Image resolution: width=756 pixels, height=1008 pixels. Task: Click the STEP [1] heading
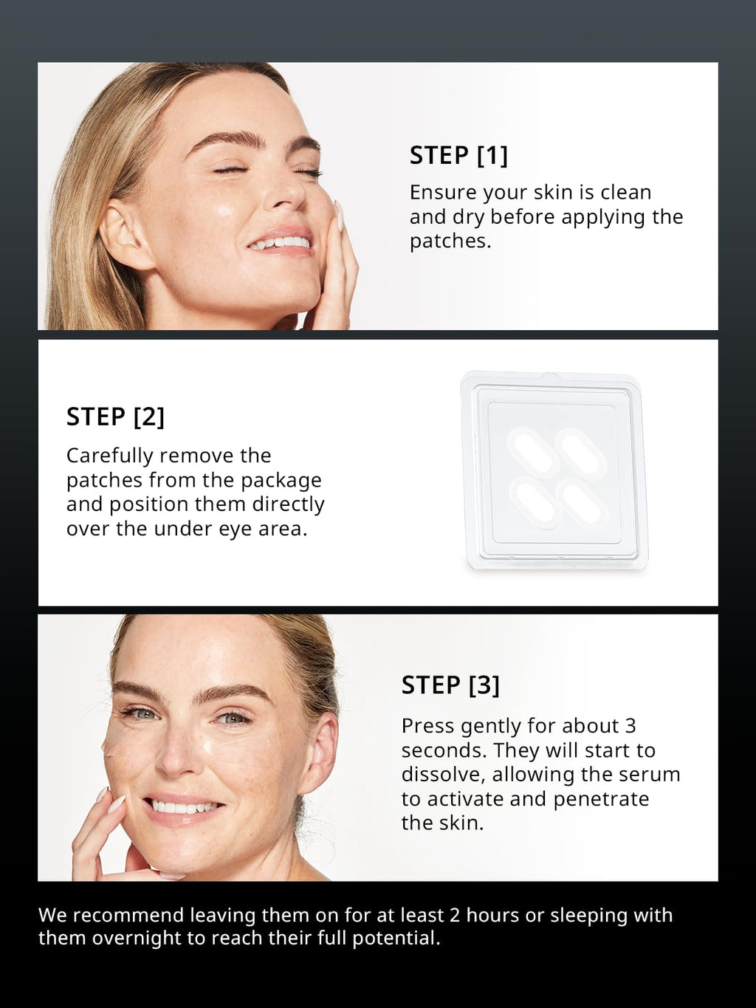tap(458, 155)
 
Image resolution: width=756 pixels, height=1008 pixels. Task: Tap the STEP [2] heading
tap(115, 417)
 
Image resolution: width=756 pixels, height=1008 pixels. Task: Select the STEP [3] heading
tap(450, 685)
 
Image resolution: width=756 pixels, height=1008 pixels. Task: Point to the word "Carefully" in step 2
tap(110, 456)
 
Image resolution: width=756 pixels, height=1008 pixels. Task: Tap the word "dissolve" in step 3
tap(443, 775)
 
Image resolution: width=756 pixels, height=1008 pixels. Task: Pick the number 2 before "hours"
tap(455, 915)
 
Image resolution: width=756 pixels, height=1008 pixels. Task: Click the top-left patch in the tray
tap(533, 452)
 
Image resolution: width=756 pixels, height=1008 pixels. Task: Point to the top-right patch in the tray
tap(580, 452)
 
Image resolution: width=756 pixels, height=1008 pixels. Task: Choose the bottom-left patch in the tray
tap(534, 503)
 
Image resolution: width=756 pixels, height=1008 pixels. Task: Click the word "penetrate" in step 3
tap(601, 800)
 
